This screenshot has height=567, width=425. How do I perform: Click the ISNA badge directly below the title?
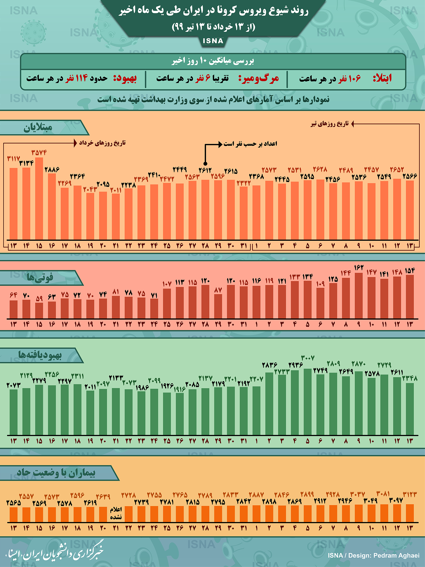pos(213,41)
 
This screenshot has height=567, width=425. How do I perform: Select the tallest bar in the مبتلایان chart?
pos(39,198)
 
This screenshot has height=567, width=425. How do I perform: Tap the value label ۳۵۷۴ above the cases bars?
pos(39,153)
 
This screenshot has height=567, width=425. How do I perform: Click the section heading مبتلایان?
pos(38,128)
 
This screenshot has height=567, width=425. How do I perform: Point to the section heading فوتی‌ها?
pos(40,277)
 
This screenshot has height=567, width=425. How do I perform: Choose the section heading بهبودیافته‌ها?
pos(40,355)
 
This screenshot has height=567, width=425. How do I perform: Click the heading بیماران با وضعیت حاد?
pos(56,473)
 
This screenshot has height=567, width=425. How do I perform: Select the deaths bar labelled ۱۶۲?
pos(359,295)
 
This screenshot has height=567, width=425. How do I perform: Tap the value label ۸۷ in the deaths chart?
pos(218,290)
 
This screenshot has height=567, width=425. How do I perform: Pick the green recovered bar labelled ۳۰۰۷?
pos(307,401)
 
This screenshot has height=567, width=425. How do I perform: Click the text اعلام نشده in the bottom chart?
pos(116,513)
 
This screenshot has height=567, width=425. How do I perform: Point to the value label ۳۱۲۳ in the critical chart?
pos(410,495)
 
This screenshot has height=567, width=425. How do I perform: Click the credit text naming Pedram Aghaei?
pos(374,555)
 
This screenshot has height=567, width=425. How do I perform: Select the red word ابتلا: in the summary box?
pos(382,78)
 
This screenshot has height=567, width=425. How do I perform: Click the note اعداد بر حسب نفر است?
pos(250,144)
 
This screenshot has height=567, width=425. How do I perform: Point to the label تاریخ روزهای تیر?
pos(330,124)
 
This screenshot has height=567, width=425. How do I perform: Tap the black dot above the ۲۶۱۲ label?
pos(205,164)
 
